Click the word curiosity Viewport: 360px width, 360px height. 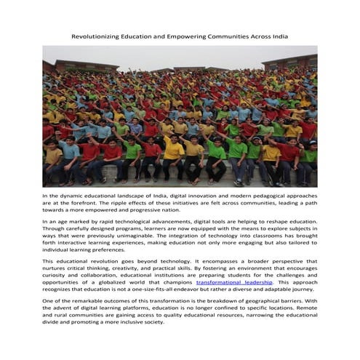(57, 274)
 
